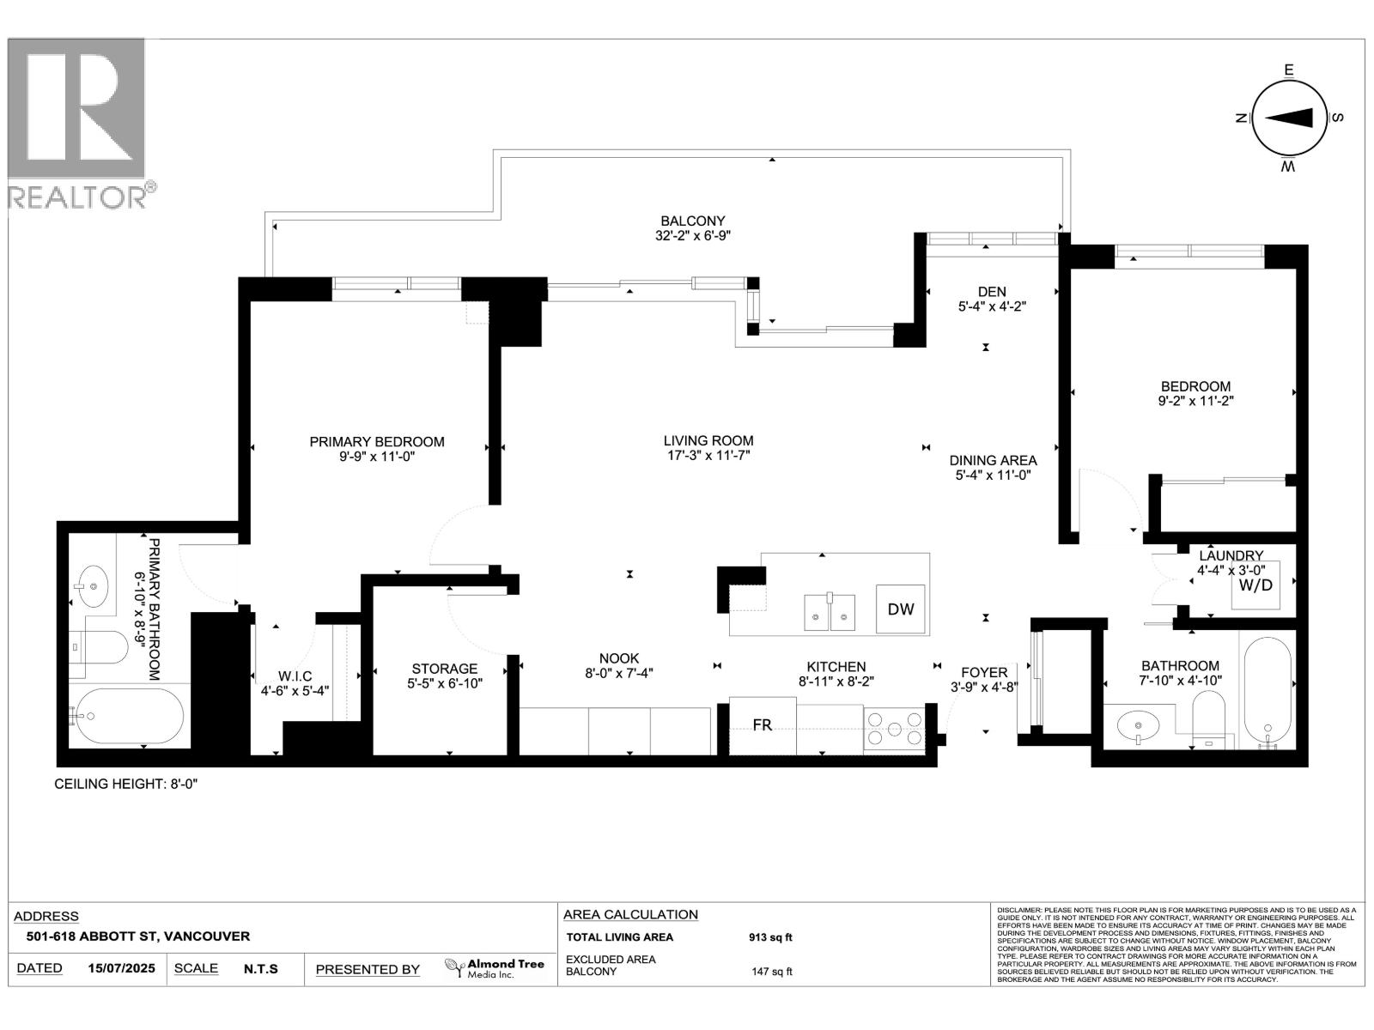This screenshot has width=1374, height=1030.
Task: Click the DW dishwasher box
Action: [x=901, y=609]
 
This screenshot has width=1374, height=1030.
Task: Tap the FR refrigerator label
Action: [x=762, y=725]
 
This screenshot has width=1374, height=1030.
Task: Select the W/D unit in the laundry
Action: [x=1255, y=585]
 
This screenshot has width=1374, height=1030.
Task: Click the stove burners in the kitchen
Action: [x=894, y=730]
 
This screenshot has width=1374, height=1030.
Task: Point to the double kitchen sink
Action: [x=830, y=610]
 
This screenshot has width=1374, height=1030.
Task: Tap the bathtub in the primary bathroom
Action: [x=129, y=716]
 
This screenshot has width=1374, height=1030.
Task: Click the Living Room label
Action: [x=708, y=440]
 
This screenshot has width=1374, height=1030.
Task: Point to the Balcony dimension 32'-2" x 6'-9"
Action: [x=692, y=235]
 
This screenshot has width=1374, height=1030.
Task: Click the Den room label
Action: [x=992, y=292]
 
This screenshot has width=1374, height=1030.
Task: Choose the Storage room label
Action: [x=444, y=669]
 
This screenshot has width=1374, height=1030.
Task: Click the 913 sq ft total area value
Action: [x=769, y=937]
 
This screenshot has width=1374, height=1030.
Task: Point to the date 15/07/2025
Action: [x=121, y=968]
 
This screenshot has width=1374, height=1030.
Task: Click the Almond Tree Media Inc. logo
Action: [x=495, y=968]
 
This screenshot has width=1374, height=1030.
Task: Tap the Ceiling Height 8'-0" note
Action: [x=126, y=784]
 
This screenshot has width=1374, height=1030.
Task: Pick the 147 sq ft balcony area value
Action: [x=771, y=972]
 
